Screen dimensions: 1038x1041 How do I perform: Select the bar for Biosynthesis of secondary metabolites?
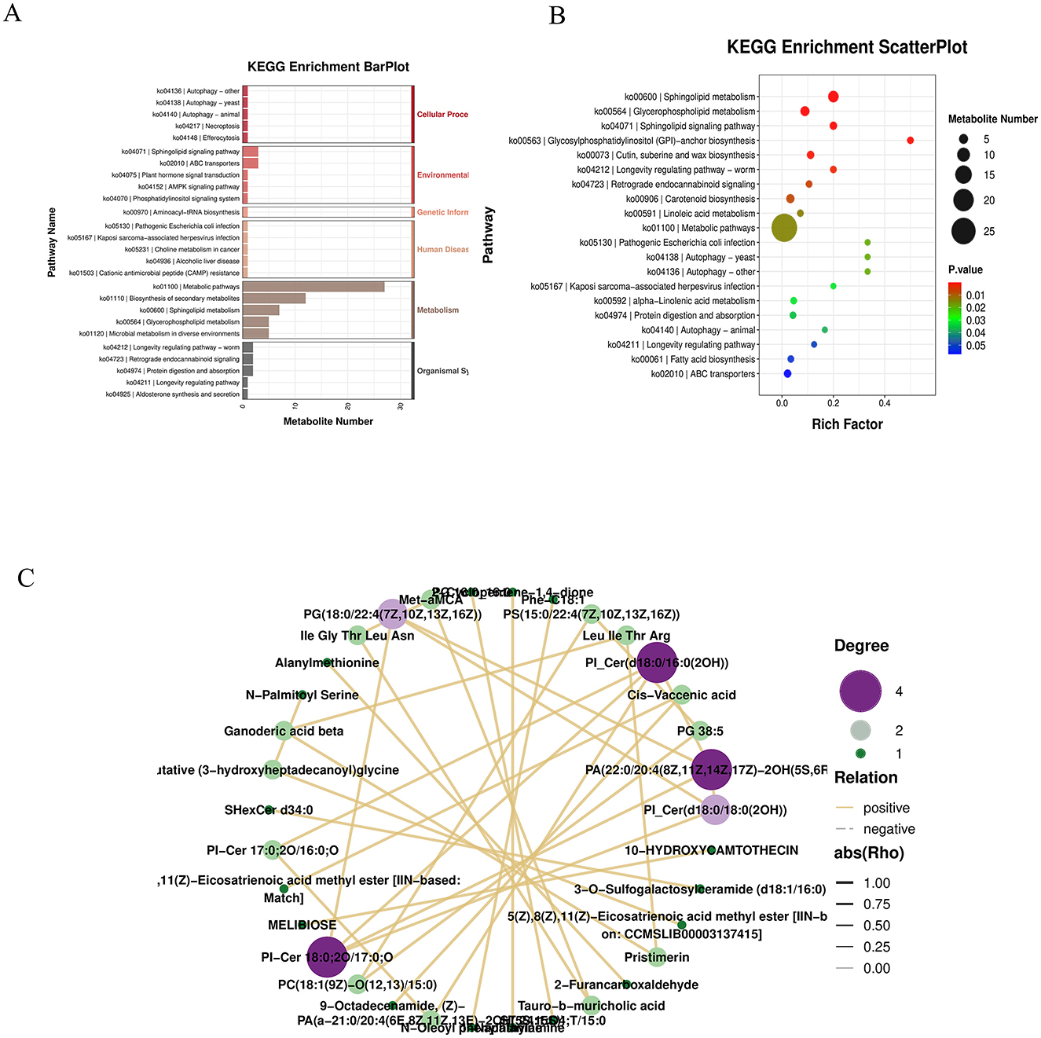[x=273, y=299]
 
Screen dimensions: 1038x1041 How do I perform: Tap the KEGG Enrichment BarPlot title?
[x=328, y=67]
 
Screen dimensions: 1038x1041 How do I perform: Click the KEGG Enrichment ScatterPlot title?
[x=847, y=47]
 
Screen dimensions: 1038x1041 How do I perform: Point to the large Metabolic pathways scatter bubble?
[x=784, y=228]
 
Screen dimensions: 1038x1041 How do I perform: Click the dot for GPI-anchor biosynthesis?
[x=910, y=141]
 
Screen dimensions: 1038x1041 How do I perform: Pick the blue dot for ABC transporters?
[x=787, y=374]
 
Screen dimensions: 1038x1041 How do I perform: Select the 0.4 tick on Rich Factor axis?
[x=885, y=403]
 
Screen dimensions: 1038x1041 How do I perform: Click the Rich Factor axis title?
[x=847, y=424]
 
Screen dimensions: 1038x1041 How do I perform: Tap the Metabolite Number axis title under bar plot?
[x=328, y=421]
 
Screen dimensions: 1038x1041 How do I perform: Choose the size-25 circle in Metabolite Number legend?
[x=963, y=231]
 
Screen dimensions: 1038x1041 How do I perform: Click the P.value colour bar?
[x=955, y=318]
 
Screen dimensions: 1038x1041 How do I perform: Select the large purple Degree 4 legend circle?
[x=860, y=691]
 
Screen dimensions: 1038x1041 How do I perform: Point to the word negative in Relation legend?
[x=889, y=829]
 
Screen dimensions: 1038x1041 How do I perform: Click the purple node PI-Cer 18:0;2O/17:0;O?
[x=327, y=956]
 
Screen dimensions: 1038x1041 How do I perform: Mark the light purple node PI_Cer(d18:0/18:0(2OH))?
[x=714, y=809]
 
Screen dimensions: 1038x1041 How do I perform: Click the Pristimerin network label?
[x=657, y=957]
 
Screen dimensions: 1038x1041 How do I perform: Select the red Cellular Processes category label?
[x=442, y=115]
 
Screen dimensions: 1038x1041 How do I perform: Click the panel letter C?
[x=26, y=578]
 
